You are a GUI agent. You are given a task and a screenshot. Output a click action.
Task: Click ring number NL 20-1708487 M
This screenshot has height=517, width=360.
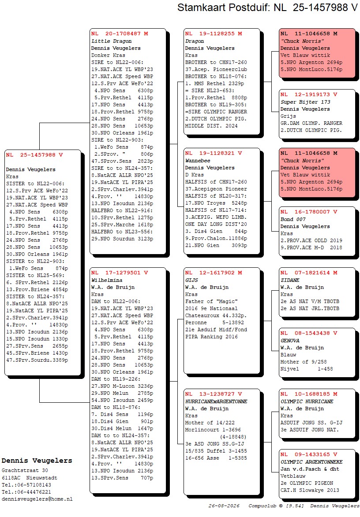coord(120,34)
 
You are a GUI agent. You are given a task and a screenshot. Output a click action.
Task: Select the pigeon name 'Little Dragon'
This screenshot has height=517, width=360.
coord(112,41)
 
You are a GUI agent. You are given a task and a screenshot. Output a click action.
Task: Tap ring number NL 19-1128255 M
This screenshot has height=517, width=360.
coord(214,34)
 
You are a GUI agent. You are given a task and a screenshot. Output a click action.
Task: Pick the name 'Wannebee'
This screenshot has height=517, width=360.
coord(198,161)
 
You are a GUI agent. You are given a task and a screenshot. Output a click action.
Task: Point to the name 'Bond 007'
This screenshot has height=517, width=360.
coord(293,219)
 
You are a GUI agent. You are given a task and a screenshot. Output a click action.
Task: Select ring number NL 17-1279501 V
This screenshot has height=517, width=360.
coord(120,273)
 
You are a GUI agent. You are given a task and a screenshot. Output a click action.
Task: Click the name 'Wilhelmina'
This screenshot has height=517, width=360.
coord(107,280)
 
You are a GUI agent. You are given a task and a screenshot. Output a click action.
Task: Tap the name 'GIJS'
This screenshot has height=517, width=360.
coord(191,280)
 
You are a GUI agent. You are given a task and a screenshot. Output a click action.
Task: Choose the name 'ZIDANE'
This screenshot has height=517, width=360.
coord(290,280)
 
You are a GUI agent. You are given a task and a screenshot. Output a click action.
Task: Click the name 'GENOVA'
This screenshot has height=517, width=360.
coord(290,341)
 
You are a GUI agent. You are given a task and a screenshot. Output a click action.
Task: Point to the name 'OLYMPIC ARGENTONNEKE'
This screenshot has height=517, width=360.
coord(311,462)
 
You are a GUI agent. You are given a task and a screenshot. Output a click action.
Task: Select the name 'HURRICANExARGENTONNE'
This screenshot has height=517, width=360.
coord(216,401)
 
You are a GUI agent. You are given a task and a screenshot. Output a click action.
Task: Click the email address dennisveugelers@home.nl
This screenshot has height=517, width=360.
coord(37,499)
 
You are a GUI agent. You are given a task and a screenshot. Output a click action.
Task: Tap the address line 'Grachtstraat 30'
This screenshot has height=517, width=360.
coord(25,471)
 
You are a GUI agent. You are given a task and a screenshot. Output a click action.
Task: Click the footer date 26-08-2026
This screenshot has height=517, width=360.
coord(224,506)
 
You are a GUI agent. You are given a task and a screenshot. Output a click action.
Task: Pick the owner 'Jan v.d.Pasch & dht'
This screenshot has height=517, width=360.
coord(310,469)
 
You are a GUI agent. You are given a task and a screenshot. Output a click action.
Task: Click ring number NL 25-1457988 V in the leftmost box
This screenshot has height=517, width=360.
coord(34,155)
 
